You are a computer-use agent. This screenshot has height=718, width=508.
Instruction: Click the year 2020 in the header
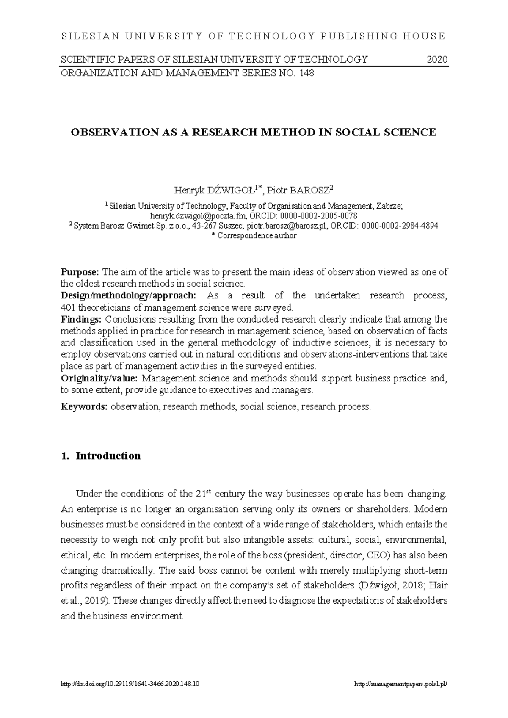[x=437, y=59]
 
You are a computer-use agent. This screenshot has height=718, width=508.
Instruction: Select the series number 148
[x=306, y=73]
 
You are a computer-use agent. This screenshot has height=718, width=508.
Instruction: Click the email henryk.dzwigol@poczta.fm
[x=196, y=216]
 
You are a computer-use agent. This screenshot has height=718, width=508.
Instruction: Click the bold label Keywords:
[x=84, y=407]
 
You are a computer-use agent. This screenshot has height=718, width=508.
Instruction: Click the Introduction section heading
[x=108, y=456]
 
